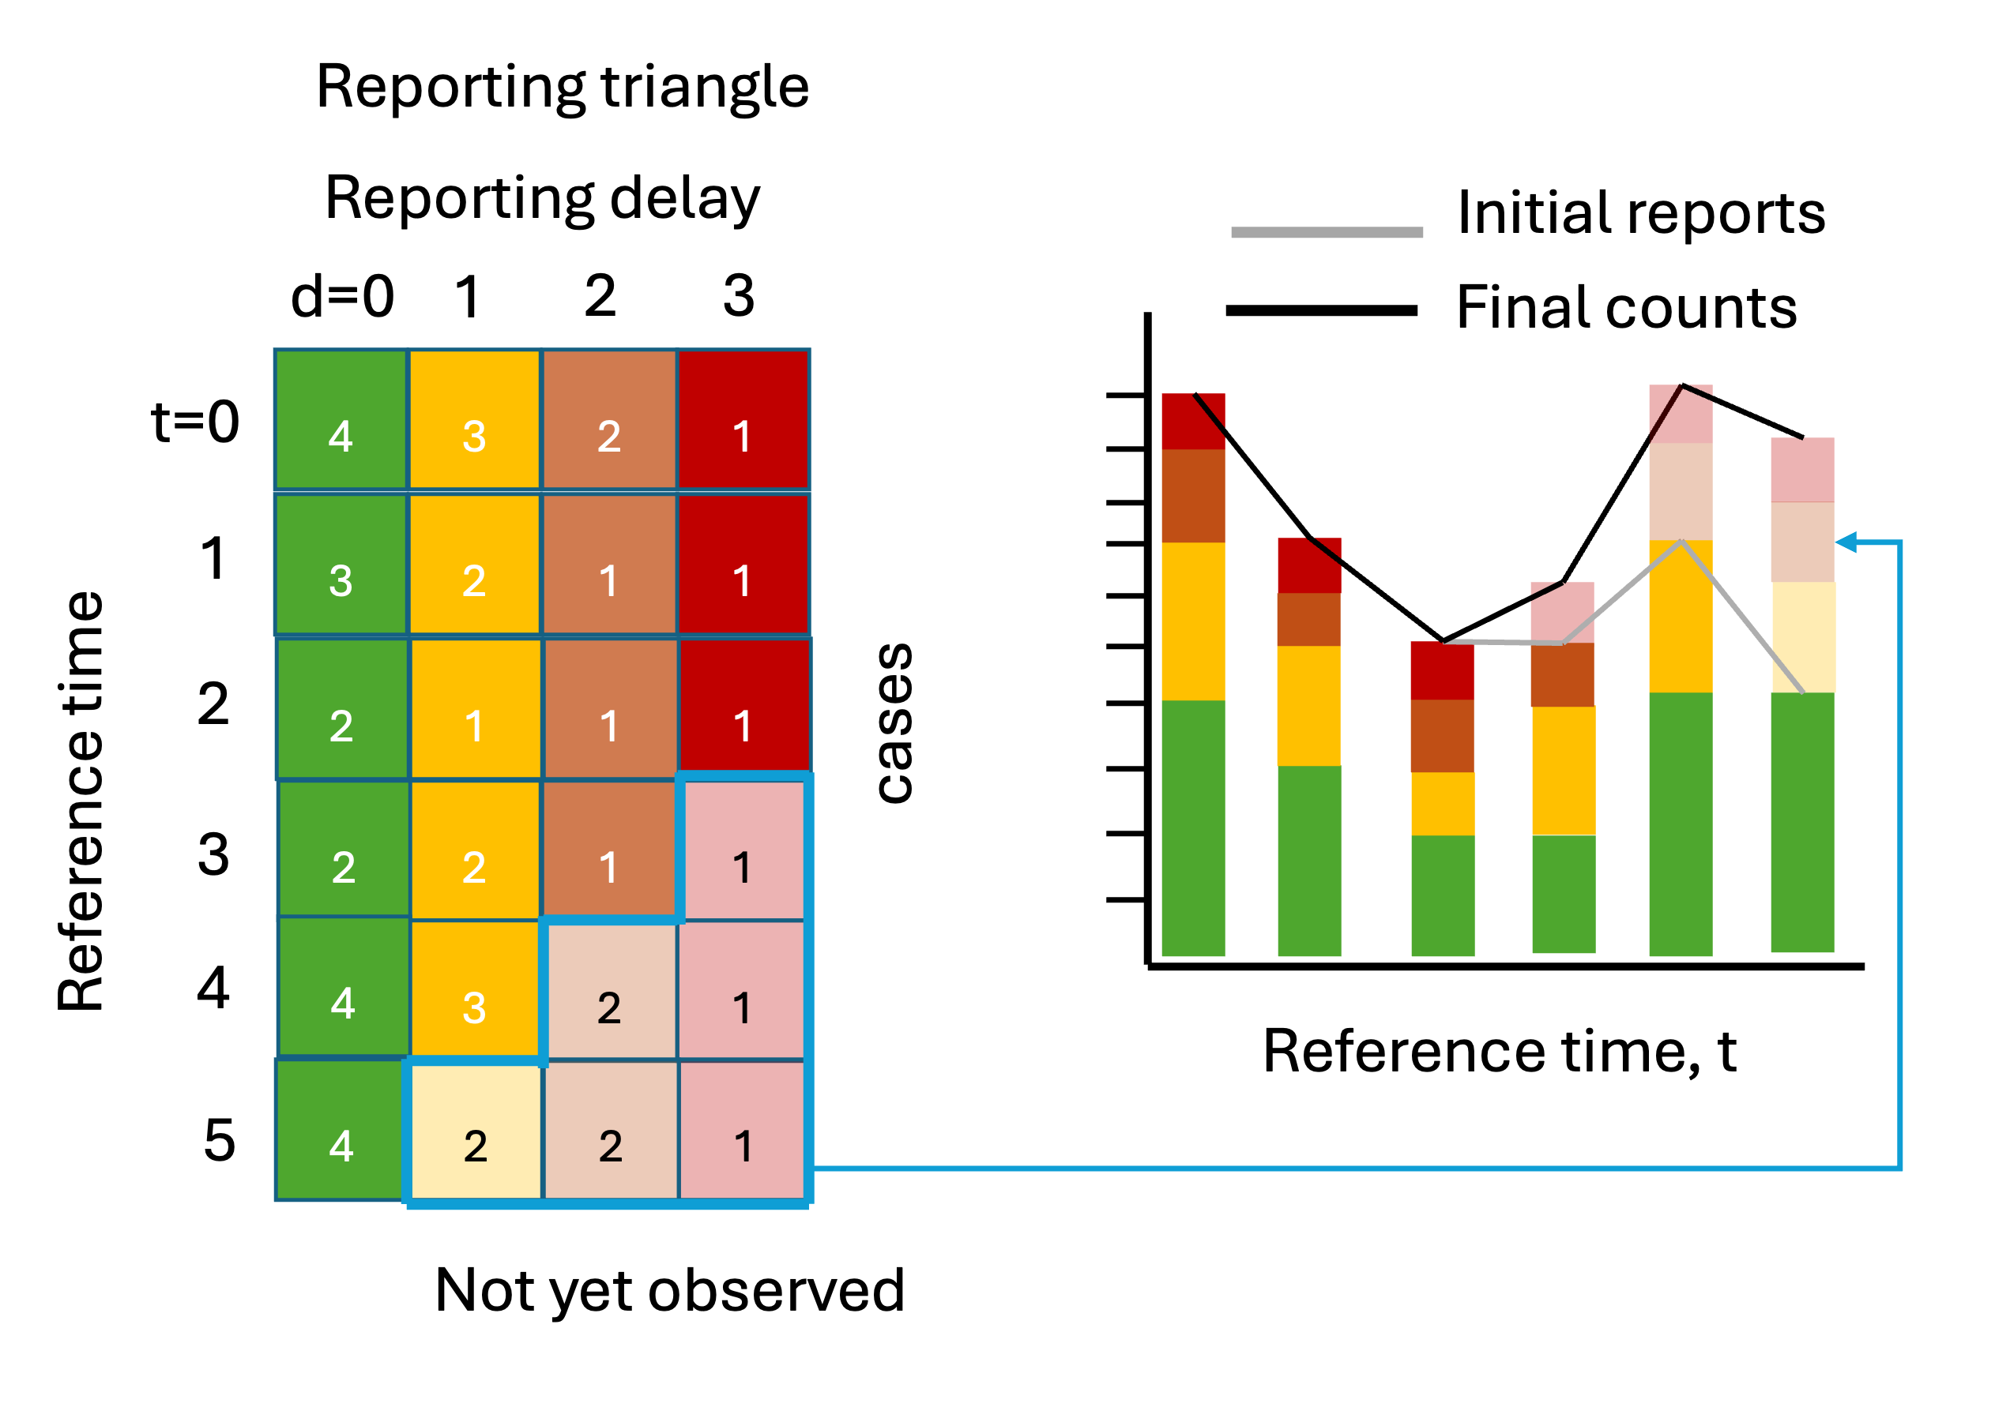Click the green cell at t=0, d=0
click(341, 420)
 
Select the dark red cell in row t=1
click(743, 565)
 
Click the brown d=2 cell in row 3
click(609, 850)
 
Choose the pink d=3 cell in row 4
click(741, 990)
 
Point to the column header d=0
click(342, 296)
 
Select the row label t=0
click(195, 422)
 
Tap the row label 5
click(220, 1140)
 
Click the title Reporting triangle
click(563, 87)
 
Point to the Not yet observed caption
click(670, 1290)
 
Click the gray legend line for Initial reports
click(1327, 232)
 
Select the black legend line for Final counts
click(1322, 310)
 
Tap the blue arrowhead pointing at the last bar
click(1846, 543)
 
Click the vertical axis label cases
click(894, 723)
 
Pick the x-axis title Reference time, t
click(1500, 1052)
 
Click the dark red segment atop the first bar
click(1194, 422)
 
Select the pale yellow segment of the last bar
click(1803, 636)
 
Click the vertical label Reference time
click(81, 801)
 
